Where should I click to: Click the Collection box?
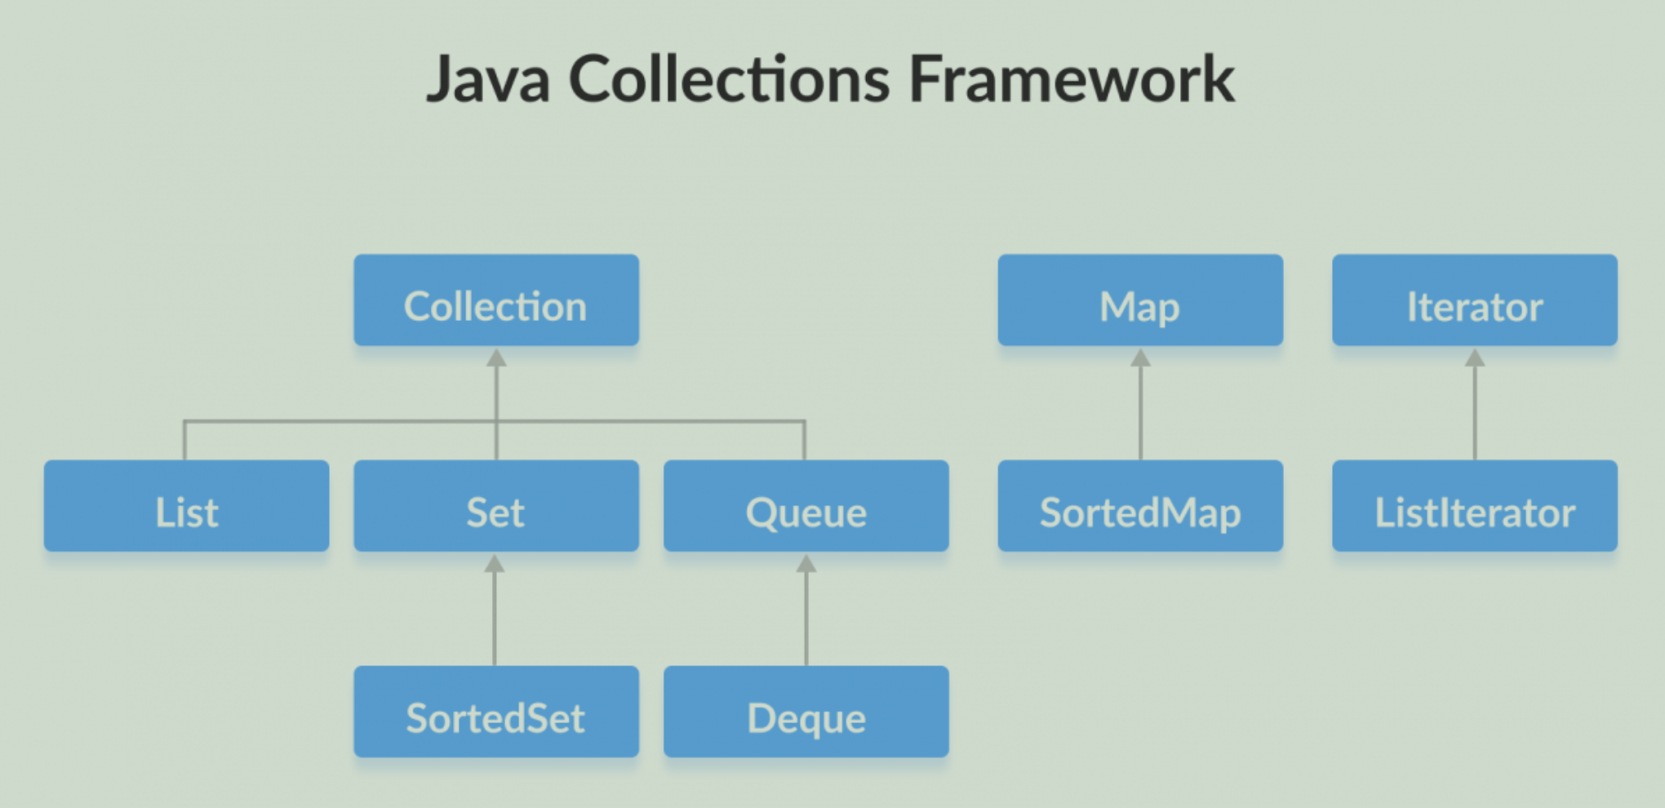point(496,300)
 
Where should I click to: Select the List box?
point(187,506)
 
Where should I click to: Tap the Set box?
point(496,506)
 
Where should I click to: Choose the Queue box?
point(806,506)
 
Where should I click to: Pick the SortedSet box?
point(496,712)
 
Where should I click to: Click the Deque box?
point(806,712)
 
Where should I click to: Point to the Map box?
point(1140,300)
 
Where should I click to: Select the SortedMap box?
point(1140,506)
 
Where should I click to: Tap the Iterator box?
point(1475,300)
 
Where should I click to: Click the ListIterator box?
point(1475,506)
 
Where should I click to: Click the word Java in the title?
point(487,79)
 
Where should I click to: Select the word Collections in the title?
point(729,79)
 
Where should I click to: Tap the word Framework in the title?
point(1072,79)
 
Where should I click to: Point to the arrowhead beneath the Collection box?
point(496,357)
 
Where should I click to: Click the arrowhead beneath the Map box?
point(1140,357)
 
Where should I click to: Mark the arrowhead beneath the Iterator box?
point(1475,357)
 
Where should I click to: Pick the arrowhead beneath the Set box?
point(495,563)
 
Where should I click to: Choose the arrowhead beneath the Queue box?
point(806,563)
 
